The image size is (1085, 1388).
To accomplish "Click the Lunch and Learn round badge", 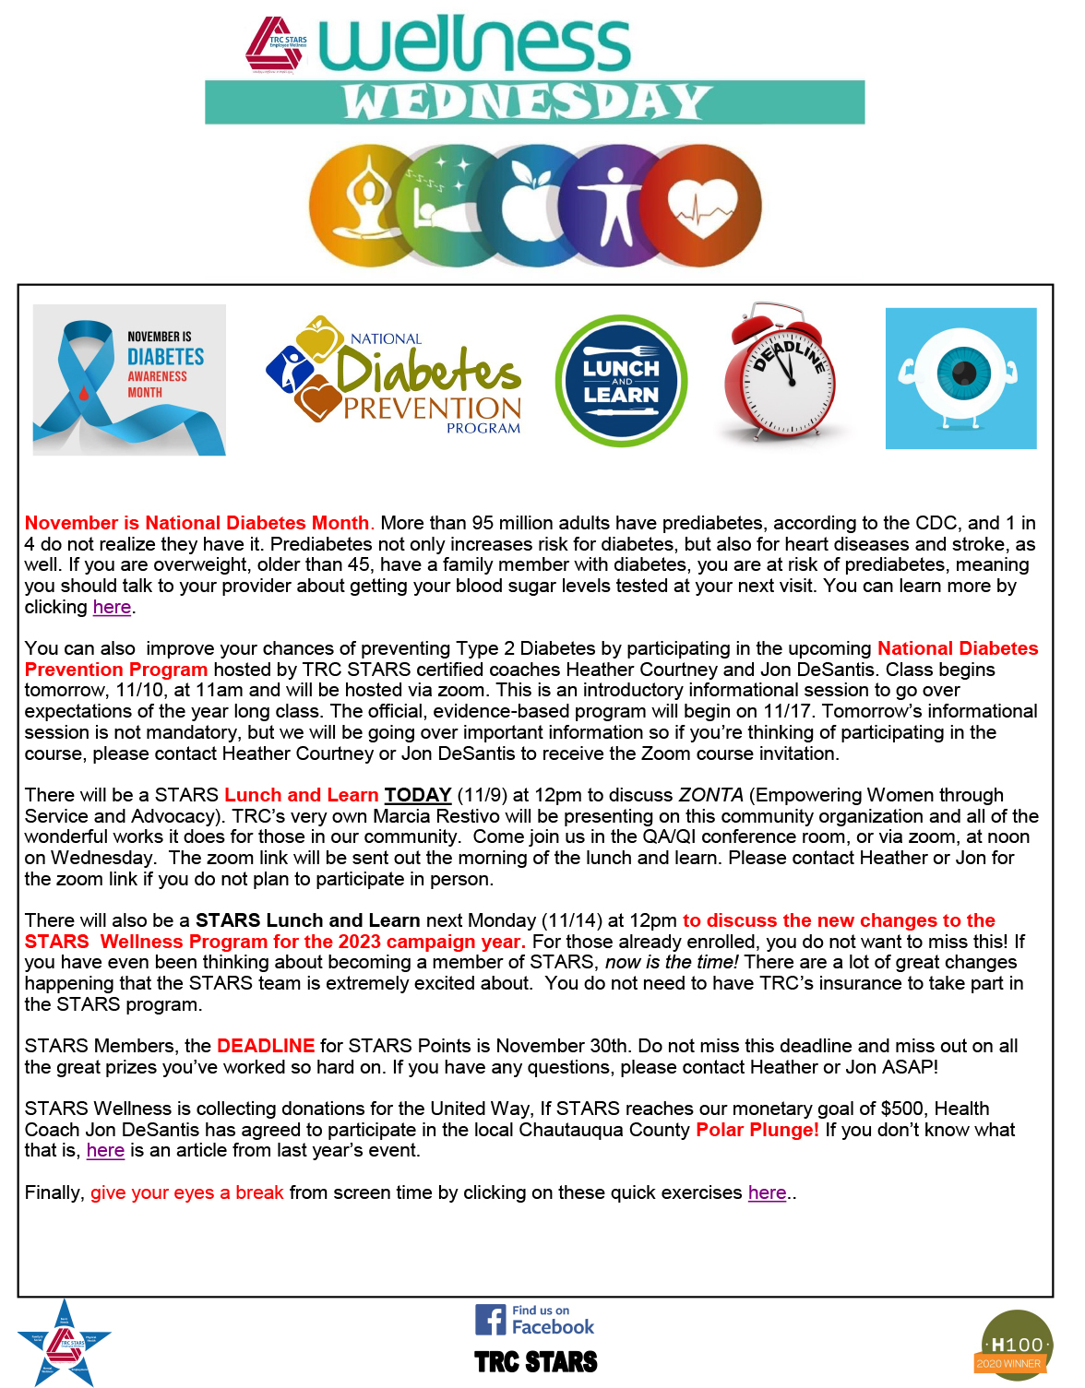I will [x=621, y=381].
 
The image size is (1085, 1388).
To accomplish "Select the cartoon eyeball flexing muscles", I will [x=960, y=378].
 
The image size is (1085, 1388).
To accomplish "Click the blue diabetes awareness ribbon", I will [x=83, y=387].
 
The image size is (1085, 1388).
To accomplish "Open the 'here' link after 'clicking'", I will [x=112, y=607].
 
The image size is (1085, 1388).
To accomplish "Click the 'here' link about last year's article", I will [x=105, y=1150].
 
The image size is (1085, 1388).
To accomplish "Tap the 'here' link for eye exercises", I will [x=767, y=1192].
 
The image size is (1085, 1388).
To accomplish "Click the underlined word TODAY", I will [x=417, y=795].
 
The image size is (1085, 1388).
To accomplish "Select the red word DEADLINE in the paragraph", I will [x=266, y=1046].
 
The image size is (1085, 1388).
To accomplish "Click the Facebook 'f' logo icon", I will [x=490, y=1320].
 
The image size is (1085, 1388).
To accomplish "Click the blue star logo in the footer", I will [x=65, y=1343].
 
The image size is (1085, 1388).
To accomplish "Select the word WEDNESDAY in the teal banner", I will [x=528, y=102].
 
